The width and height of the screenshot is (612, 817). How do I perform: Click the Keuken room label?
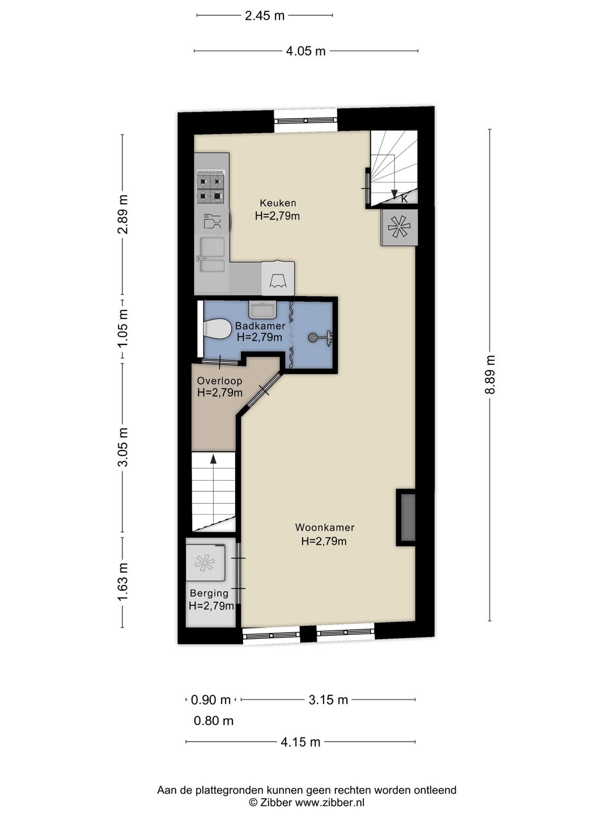(x=278, y=203)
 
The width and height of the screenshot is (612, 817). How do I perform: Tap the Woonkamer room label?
(x=324, y=528)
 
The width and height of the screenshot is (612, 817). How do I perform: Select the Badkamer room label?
(x=260, y=326)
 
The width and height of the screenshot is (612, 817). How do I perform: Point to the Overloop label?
(x=219, y=381)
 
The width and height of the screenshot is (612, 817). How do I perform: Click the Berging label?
(x=209, y=593)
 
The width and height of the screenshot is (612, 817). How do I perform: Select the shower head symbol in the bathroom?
(x=321, y=338)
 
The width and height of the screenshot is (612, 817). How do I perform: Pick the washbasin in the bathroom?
(x=262, y=310)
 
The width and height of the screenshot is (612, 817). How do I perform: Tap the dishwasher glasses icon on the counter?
(x=212, y=221)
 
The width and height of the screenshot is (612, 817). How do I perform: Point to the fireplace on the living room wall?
(x=406, y=517)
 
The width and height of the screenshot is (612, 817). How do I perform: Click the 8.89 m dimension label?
(x=491, y=374)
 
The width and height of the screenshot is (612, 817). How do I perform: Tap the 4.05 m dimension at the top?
(x=305, y=51)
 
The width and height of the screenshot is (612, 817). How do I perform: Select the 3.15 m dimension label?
(x=328, y=700)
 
